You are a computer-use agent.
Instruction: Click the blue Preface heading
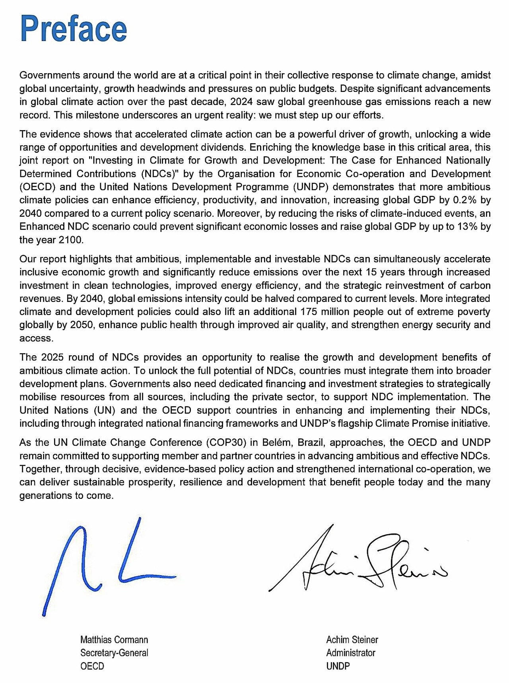click(x=74, y=29)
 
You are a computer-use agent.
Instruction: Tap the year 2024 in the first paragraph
click(x=241, y=102)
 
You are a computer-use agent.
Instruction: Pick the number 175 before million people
click(x=309, y=312)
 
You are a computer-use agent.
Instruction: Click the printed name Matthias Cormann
click(x=114, y=640)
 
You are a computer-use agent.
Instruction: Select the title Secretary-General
click(x=114, y=653)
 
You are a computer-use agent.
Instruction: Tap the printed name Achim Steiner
click(x=352, y=640)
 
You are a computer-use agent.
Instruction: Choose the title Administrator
click(x=351, y=653)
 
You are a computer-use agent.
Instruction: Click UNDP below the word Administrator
click(x=338, y=666)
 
